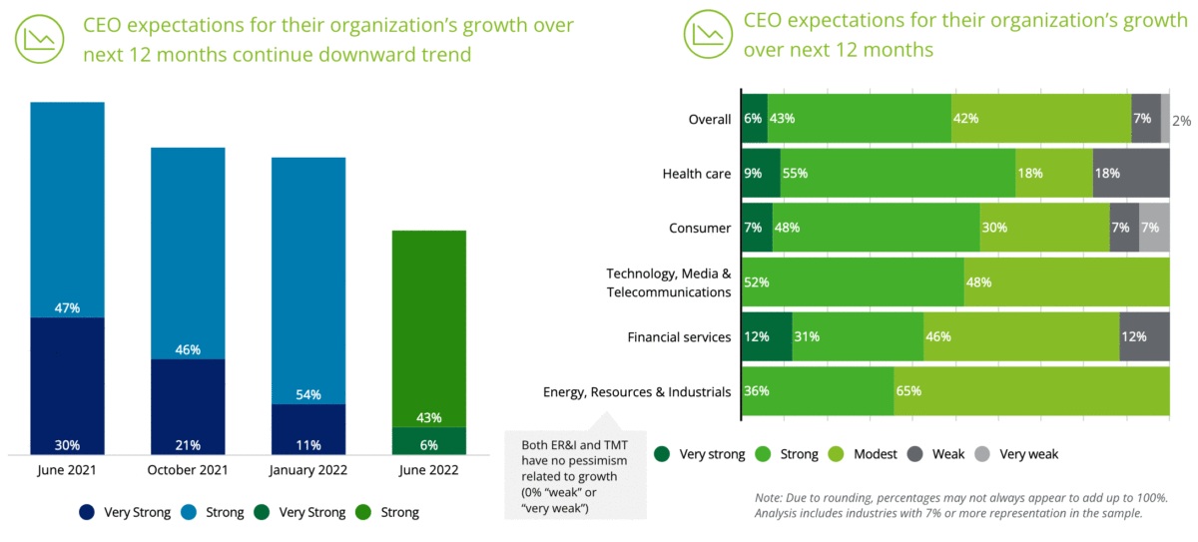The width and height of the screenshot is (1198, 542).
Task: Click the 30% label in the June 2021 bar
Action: (67, 444)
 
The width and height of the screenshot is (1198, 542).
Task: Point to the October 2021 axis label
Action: (188, 470)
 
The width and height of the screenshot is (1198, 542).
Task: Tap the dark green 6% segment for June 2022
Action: (429, 440)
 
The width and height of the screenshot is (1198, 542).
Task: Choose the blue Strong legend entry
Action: (216, 512)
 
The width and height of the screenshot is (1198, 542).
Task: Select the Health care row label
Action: (697, 174)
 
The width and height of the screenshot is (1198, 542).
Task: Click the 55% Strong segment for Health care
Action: (897, 174)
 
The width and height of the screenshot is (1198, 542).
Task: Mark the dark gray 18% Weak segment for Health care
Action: (1131, 174)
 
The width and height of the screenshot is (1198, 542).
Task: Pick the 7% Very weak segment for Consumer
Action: (1154, 228)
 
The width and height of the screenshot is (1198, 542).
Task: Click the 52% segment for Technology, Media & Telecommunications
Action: (852, 281)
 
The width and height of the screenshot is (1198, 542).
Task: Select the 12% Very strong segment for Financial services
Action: (766, 336)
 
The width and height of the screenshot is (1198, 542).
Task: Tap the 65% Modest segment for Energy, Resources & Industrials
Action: (1031, 391)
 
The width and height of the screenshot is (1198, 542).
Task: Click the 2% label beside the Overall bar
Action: (1181, 121)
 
